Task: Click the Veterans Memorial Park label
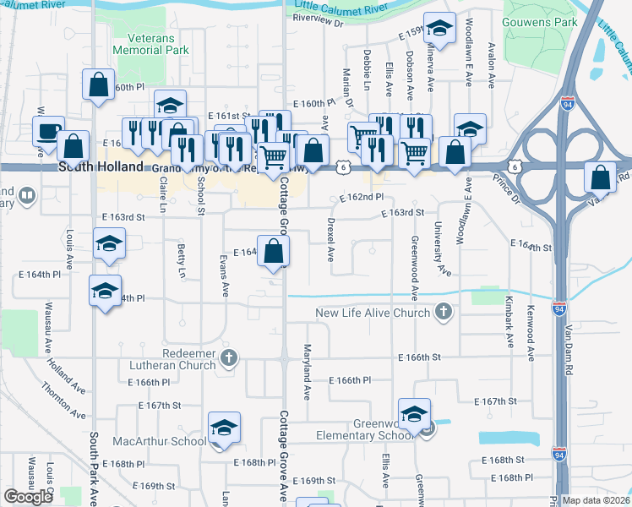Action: [x=159, y=45]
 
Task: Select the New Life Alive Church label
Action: [x=373, y=313]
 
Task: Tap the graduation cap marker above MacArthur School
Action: [x=225, y=428]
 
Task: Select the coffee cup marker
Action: [x=48, y=132]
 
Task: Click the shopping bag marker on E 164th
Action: [x=274, y=251]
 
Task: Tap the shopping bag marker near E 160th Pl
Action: [x=98, y=84]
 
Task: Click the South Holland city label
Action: [x=101, y=167]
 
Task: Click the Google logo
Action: [x=28, y=497]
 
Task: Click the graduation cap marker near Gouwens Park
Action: [x=439, y=30]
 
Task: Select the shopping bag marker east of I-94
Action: [x=601, y=177]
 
